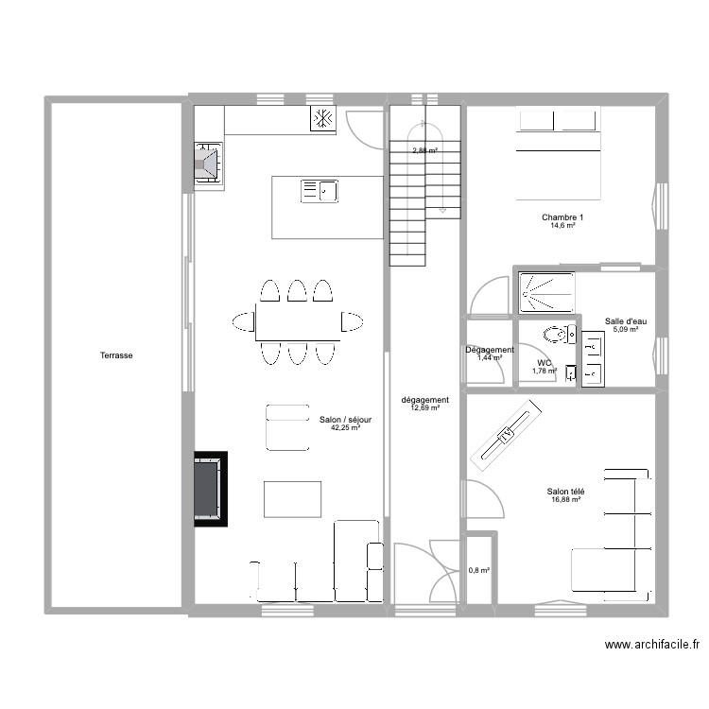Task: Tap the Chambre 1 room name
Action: point(558,217)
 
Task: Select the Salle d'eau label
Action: point(625,321)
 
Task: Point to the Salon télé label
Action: point(565,491)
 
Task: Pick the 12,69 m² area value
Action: point(424,407)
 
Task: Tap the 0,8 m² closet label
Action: point(480,570)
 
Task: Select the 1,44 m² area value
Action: point(489,358)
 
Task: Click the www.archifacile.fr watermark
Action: point(651,645)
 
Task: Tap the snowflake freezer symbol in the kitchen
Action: point(322,118)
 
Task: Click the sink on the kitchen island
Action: point(320,192)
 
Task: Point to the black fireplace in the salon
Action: point(211,488)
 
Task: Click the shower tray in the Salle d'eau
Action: point(545,292)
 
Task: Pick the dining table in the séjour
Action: point(298,321)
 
